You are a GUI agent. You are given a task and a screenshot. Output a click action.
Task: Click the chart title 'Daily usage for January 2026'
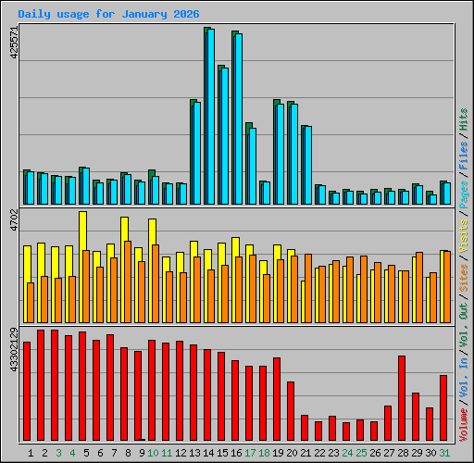pos(107,14)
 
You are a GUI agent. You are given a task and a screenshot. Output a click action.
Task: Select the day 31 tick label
pos(444,453)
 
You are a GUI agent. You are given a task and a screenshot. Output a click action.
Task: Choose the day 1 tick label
pos(31,453)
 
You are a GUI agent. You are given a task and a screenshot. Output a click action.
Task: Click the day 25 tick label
pos(361,453)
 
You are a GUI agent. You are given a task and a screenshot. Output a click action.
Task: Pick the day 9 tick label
pos(142,453)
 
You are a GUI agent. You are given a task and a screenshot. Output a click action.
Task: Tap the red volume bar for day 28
pos(402,398)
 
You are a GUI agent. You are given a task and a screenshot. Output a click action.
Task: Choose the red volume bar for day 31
pos(443,407)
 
